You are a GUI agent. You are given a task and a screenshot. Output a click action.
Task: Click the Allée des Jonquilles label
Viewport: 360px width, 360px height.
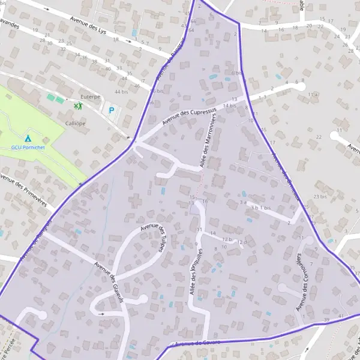coord(194,271)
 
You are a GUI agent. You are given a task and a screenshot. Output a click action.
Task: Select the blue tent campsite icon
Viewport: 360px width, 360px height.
coord(28,139)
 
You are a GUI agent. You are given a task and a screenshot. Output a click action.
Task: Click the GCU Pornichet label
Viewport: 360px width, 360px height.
coord(27,147)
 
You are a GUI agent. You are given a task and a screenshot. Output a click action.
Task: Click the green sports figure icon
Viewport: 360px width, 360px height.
coord(77,107)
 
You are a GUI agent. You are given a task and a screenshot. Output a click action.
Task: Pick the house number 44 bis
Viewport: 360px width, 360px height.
coord(121,92)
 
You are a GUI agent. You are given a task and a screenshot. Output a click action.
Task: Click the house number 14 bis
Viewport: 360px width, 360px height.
coord(229,106)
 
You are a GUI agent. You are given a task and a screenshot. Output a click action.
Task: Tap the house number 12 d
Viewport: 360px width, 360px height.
coord(241,242)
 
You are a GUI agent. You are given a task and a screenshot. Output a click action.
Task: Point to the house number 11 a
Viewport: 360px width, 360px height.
coord(313,95)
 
